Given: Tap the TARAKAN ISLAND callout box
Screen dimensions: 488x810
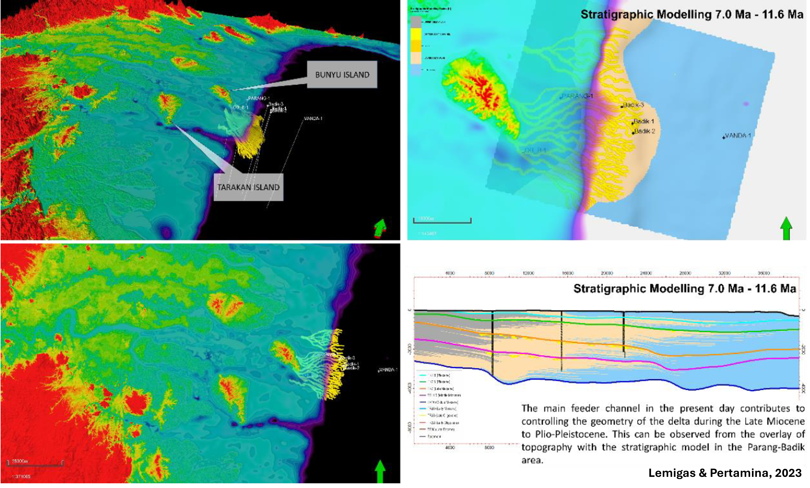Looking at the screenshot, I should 248,187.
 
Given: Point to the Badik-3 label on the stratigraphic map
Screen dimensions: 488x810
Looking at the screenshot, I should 633,105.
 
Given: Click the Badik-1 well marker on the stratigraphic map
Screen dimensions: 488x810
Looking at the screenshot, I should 633,124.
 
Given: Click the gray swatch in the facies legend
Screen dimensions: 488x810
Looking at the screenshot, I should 416,22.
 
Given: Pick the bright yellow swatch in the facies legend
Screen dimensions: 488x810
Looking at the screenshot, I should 416,34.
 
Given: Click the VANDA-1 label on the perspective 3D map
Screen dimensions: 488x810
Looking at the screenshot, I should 313,118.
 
